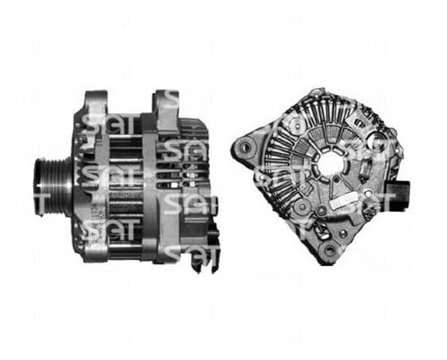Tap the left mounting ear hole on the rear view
click(246, 147)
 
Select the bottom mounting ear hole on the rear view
click(330, 249)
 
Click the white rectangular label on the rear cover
click(341, 203)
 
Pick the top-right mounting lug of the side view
click(166, 105)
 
